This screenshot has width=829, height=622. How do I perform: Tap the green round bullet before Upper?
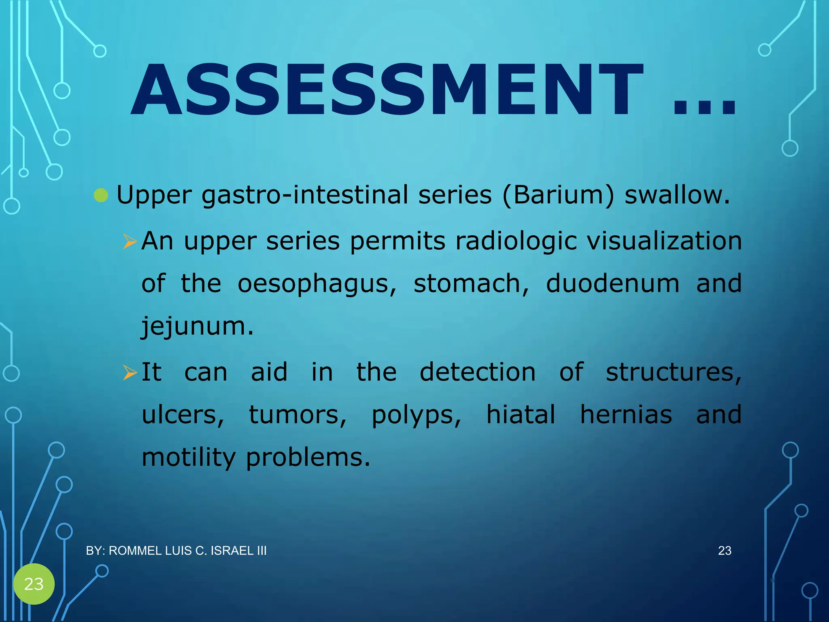[x=101, y=196]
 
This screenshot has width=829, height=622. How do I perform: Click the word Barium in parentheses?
[x=558, y=195]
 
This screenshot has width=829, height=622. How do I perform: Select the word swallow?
[x=677, y=195]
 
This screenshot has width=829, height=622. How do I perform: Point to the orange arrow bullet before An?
[x=130, y=242]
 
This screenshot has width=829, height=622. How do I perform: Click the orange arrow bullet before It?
[x=130, y=373]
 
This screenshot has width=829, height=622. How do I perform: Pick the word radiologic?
[x=516, y=242]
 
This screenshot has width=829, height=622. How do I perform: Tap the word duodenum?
[x=612, y=283]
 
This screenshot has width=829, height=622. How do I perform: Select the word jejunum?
[x=197, y=326]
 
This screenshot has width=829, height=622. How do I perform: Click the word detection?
[x=477, y=372]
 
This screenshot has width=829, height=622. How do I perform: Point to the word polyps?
[x=416, y=415]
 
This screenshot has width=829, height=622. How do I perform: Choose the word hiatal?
[x=521, y=415]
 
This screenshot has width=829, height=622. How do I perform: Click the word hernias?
[x=626, y=415]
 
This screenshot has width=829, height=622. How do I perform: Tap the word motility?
[x=189, y=458]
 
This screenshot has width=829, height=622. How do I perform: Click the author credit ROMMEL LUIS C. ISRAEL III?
[x=176, y=551]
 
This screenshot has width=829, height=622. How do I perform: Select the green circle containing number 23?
[x=34, y=584]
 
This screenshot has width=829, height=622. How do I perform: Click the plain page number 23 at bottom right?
[x=725, y=551]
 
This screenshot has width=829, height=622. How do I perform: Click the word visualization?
[x=664, y=241]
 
